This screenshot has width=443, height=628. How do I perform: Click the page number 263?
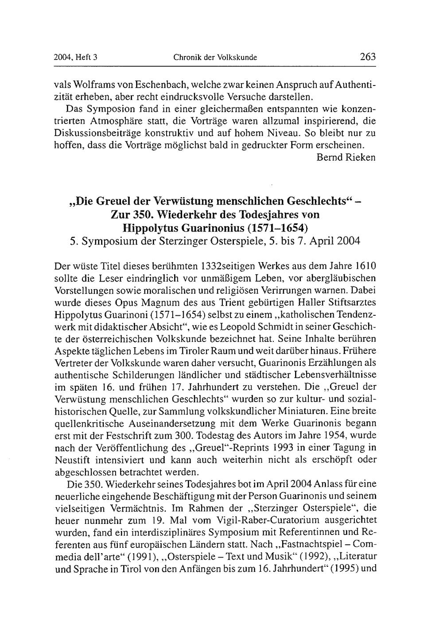click(x=368, y=57)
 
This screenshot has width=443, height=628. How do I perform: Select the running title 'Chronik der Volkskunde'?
click(x=215, y=57)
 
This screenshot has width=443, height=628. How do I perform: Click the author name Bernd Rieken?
click(x=346, y=157)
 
